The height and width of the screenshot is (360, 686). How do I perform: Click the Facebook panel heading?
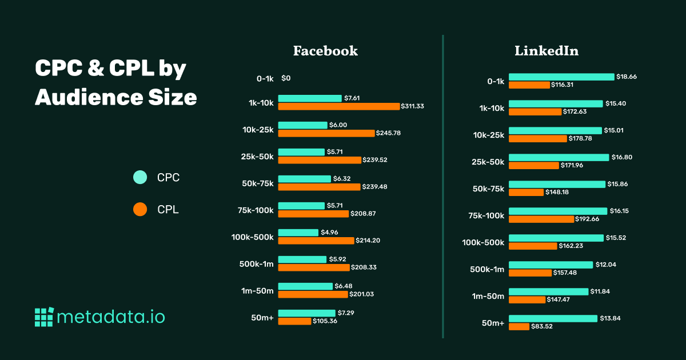pyautogui.click(x=325, y=51)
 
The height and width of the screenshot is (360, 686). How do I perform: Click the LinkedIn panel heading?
pyautogui.click(x=547, y=51)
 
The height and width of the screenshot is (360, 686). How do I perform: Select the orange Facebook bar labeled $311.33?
pyautogui.click(x=338, y=106)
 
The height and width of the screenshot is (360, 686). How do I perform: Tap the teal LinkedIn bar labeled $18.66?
pyautogui.click(x=561, y=77)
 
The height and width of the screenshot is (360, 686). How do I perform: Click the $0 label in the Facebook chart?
pyautogui.click(x=286, y=78)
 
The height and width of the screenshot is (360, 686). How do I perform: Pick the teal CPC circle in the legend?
pyautogui.click(x=140, y=178)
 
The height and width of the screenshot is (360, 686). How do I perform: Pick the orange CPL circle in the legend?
pyautogui.click(x=140, y=210)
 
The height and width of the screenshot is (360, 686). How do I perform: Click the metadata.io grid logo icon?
pyautogui.click(x=44, y=317)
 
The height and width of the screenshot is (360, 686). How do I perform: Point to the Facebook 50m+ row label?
pyautogui.click(x=262, y=318)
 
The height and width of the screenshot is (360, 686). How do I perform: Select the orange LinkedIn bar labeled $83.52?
pyautogui.click(x=519, y=326)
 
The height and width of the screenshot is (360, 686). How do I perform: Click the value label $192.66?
pyautogui.click(x=589, y=219)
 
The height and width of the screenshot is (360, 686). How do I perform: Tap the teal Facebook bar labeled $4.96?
pyautogui.click(x=298, y=233)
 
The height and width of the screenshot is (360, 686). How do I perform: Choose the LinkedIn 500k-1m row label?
pyautogui.click(x=487, y=269)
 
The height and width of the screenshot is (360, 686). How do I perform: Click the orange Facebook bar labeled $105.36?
pyautogui.click(x=294, y=321)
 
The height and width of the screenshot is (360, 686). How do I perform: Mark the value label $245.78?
pyautogui.click(x=388, y=133)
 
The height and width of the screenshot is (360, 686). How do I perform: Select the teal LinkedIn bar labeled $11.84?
pyautogui.click(x=548, y=291)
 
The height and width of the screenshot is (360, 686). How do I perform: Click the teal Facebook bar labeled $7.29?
pyautogui.click(x=306, y=313)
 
